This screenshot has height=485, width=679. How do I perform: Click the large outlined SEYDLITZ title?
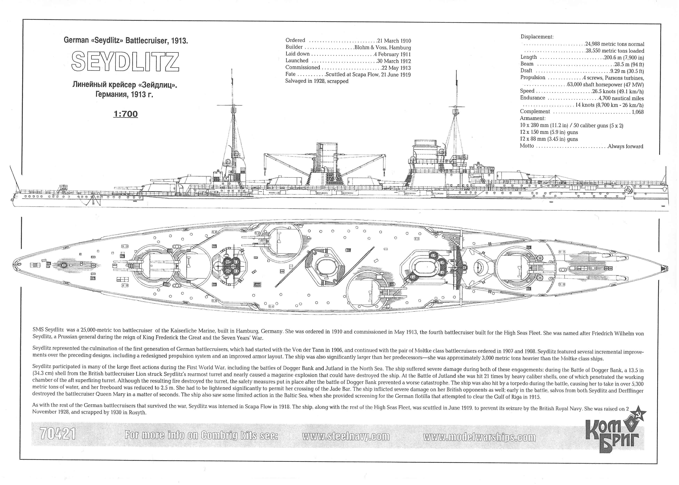pyautogui.click(x=125, y=61)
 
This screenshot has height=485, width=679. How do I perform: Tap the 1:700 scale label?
pyautogui.click(x=126, y=114)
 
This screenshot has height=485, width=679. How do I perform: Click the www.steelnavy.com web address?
pyautogui.click(x=346, y=436)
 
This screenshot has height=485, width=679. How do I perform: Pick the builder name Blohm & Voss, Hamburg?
pyautogui.click(x=382, y=47)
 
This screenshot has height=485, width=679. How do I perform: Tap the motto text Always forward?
pyautogui.click(x=625, y=146)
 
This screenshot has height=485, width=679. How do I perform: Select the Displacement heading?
pyautogui.click(x=537, y=37)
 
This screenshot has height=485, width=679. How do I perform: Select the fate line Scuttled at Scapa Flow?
pyautogui.click(x=368, y=74)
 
